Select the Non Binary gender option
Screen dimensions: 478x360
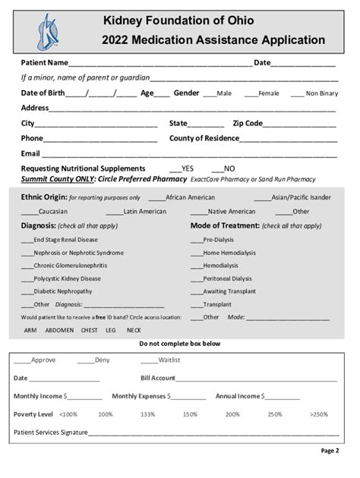[x=322, y=93]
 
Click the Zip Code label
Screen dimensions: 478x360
[x=248, y=123]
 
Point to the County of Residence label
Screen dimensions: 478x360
[x=204, y=138]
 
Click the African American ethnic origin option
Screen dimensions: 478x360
[x=190, y=197]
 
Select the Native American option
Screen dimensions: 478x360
[x=231, y=212]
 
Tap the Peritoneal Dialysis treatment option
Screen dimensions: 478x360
[x=227, y=278]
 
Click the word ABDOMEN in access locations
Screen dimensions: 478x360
[x=59, y=330]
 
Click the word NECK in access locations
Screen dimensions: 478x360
[x=134, y=330]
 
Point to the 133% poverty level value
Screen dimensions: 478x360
[x=147, y=414]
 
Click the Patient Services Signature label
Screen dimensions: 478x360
[x=50, y=432]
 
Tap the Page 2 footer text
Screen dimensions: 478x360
[x=330, y=450]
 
